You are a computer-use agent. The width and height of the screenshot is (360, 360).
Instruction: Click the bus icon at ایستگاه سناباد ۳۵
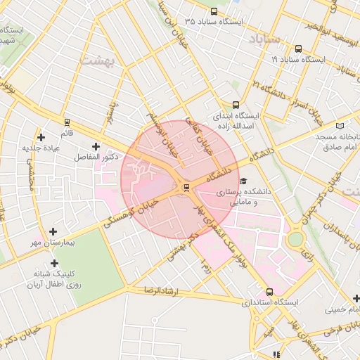point(214,11)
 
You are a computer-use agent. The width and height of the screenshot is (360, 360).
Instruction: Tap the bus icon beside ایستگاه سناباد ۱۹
point(299,49)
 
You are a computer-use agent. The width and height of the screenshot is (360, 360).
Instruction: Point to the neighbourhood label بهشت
point(98,60)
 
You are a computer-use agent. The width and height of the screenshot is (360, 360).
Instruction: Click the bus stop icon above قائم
point(67,122)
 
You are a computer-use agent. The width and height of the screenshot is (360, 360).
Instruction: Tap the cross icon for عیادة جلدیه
point(41,137)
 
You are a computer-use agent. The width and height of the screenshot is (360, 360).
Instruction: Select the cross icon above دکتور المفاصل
point(96,146)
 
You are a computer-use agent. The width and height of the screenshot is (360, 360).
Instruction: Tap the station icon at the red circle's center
point(186,187)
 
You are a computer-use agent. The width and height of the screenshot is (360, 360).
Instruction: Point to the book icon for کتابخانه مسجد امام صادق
point(340,124)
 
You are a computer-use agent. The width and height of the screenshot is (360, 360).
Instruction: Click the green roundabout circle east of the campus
point(295,239)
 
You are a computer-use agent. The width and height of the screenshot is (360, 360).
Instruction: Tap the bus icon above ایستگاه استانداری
point(269,292)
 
